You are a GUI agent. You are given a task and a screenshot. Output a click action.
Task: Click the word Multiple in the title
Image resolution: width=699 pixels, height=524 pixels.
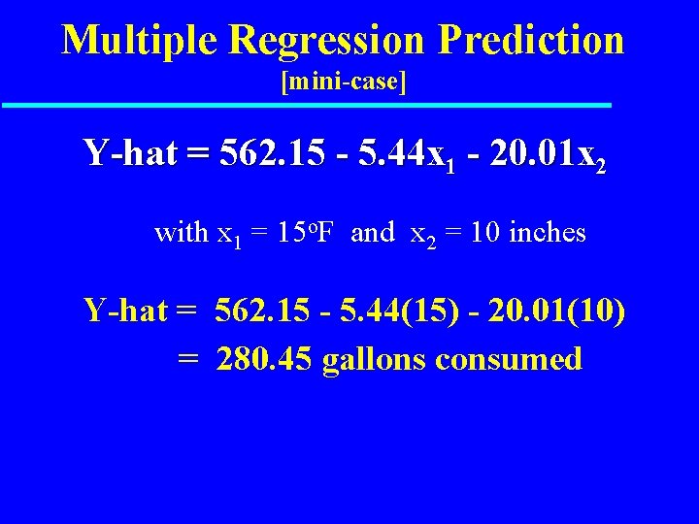pyautogui.click(x=142, y=41)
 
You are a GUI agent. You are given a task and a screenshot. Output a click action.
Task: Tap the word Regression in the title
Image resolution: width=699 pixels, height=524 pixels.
pyautogui.click(x=328, y=41)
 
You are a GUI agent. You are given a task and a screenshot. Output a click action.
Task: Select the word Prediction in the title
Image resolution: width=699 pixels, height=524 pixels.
pyautogui.click(x=531, y=41)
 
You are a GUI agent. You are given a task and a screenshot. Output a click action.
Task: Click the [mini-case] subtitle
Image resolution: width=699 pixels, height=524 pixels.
pyautogui.click(x=343, y=82)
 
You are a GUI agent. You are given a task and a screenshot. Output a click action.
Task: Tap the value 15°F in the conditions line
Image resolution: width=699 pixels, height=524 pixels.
pyautogui.click(x=303, y=233)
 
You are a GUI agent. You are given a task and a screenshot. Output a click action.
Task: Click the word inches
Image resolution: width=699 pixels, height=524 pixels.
pyautogui.click(x=547, y=233)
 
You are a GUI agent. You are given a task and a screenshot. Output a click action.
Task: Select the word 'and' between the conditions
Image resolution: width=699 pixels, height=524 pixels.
pyautogui.click(x=373, y=233)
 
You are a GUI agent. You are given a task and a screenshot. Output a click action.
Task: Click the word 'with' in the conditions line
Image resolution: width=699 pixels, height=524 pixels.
pyautogui.click(x=182, y=233)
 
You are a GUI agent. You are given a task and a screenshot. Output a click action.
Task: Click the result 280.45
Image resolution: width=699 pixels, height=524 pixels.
pyautogui.click(x=265, y=360)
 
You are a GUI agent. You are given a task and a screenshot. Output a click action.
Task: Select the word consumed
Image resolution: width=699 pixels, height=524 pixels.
pyautogui.click(x=509, y=360)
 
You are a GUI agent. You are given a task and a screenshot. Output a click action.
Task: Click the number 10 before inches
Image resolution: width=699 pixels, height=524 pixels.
pyautogui.click(x=487, y=233)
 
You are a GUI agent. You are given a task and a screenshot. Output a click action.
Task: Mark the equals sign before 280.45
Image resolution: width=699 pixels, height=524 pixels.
pyautogui.click(x=188, y=360)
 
